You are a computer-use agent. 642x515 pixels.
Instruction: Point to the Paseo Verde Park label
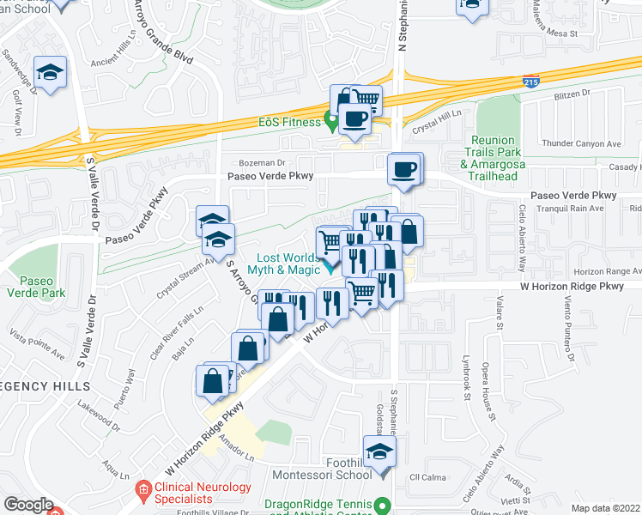pyautogui.click(x=42, y=287)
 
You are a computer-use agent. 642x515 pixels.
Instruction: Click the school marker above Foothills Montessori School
pyautogui.click(x=379, y=450)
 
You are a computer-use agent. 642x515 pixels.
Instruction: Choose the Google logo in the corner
pyautogui.click(x=28, y=505)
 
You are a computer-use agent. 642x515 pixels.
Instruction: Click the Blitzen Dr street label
pyautogui.click(x=574, y=94)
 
